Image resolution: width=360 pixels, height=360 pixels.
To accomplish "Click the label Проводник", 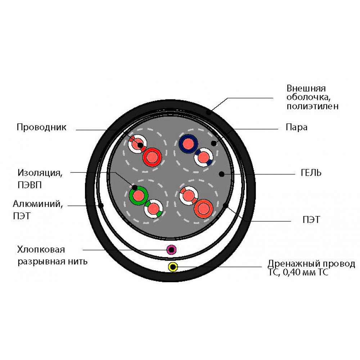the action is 41,127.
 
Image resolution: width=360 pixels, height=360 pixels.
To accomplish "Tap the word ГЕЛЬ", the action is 311,173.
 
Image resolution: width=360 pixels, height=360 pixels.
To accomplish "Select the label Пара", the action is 296,127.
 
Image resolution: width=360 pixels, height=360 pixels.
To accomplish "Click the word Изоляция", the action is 40,173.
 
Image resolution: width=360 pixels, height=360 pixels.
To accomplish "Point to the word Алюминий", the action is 38,204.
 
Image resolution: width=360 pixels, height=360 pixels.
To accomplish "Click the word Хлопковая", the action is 41,249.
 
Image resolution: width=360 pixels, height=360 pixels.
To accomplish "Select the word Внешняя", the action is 306,89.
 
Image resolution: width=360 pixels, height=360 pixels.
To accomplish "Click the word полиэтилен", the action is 312,106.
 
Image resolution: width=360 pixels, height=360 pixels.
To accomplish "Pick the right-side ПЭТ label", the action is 311,220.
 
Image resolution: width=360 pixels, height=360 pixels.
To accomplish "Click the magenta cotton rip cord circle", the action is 171,249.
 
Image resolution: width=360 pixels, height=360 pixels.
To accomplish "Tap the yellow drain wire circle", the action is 173,267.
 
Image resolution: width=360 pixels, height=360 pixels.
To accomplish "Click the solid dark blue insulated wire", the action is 188,144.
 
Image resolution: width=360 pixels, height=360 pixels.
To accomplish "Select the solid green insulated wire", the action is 139,195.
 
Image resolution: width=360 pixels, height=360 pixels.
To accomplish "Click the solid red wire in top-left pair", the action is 152,157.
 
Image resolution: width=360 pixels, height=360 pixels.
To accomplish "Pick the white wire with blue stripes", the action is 203,157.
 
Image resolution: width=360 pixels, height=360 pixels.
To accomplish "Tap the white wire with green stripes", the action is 154,209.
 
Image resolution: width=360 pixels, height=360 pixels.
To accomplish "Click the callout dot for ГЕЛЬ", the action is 221,174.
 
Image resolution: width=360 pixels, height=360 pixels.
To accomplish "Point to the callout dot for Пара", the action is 214,143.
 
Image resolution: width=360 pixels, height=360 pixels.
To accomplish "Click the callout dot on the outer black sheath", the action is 209,112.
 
